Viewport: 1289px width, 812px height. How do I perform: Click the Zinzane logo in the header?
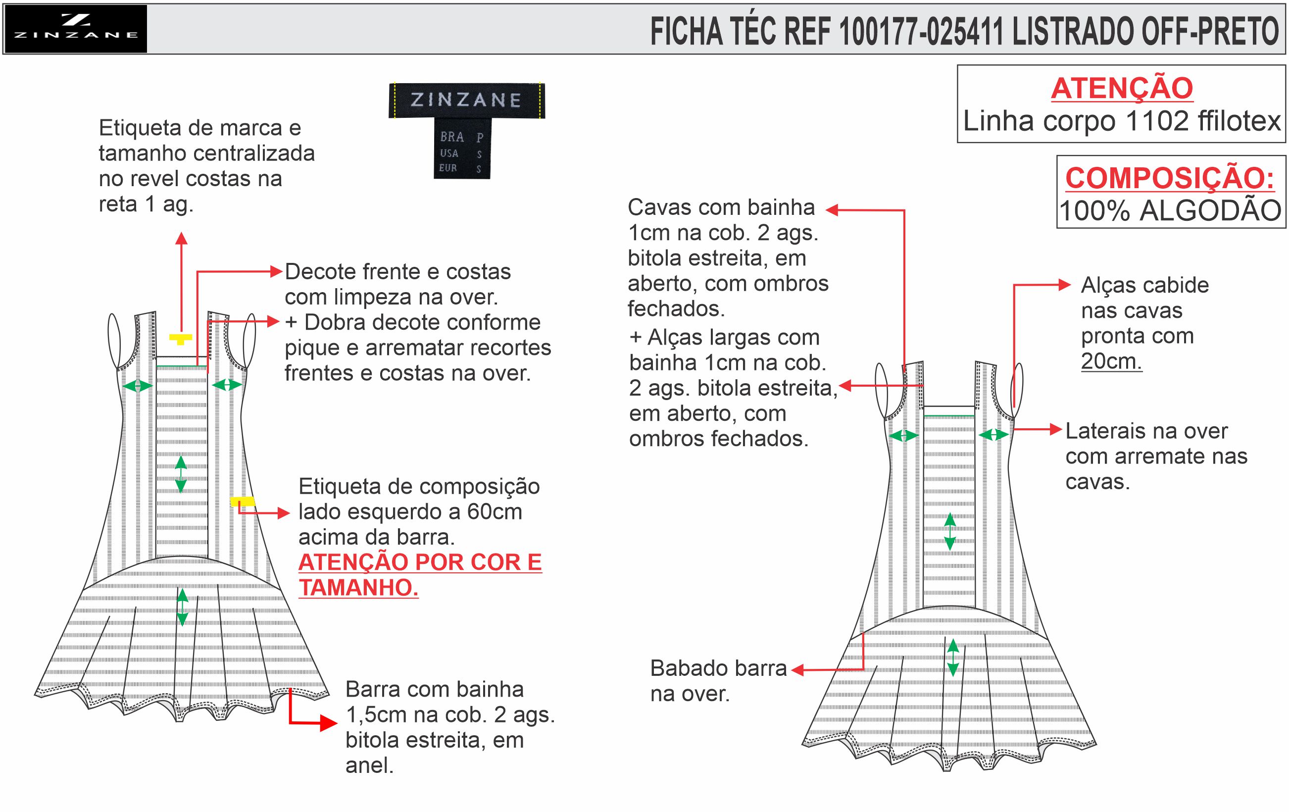[75, 28]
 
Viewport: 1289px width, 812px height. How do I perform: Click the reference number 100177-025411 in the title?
[921, 32]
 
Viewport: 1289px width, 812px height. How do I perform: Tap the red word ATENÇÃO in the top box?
[1122, 88]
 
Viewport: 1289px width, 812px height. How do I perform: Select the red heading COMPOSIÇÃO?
[1170, 178]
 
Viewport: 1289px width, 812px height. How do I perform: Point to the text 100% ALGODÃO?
[1170, 210]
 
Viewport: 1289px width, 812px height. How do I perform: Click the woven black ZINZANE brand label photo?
[466, 100]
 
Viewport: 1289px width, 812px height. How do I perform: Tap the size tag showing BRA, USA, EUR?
[461, 152]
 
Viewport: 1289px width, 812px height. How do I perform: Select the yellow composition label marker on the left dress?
[242, 502]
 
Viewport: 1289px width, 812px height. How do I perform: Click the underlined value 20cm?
[1111, 361]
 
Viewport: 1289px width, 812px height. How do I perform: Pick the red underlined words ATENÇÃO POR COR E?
[420, 562]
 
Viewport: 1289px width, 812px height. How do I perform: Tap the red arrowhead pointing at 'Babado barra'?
[797, 669]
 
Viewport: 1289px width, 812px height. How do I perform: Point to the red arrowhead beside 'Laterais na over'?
[1056, 429]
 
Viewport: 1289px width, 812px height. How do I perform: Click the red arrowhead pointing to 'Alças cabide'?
[1065, 285]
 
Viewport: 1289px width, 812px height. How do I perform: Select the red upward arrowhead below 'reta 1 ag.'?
[182, 238]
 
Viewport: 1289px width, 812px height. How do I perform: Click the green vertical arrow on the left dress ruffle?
[182, 607]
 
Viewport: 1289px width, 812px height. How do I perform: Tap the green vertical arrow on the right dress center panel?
[949, 532]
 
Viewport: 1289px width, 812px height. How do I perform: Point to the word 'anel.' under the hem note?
[369, 765]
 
